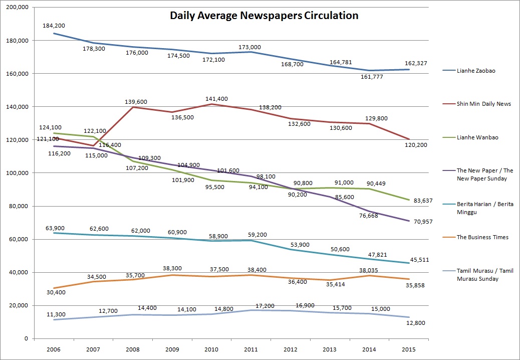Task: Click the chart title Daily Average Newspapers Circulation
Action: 264,16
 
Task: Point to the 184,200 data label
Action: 54,25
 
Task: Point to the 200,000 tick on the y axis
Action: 17,7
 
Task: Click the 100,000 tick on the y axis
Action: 17,173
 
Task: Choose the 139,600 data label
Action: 136,101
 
